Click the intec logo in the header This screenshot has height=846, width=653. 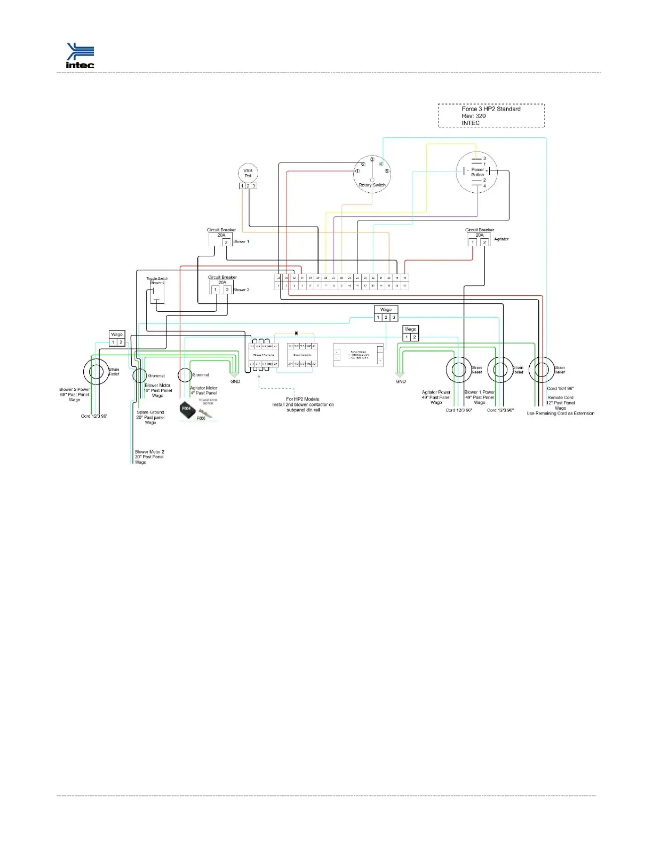coord(80,56)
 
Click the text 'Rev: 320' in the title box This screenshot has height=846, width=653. coord(474,116)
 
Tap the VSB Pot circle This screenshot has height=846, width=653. coord(248,173)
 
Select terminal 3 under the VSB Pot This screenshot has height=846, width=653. coord(254,186)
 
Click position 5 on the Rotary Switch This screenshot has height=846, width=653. coord(387,171)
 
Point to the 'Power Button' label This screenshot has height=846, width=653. coord(477,172)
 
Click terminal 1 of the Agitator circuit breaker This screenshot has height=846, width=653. coord(473,242)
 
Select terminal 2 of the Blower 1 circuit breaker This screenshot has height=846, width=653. coord(226,242)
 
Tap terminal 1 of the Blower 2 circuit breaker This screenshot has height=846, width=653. coord(216,290)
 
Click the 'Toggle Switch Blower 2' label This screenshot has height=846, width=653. coord(157,281)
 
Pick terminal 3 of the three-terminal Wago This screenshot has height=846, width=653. coord(394,318)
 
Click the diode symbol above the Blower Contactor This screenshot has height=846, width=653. coord(296,333)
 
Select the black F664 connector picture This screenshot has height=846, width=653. coord(187,409)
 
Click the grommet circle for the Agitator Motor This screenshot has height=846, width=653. coord(185,375)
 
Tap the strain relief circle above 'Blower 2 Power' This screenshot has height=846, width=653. coord(97,371)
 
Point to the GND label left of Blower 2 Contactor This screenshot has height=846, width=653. coord(235,381)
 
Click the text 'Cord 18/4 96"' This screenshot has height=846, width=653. coord(560,389)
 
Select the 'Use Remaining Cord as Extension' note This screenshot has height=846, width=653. coord(560,413)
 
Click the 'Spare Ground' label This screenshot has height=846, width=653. coord(150,412)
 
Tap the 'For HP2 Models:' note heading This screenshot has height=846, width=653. coord(303,399)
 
